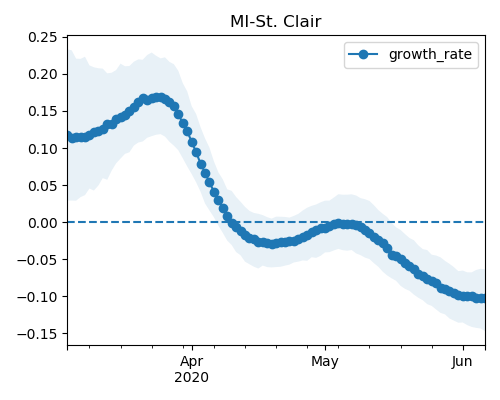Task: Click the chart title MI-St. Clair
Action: (x=276, y=22)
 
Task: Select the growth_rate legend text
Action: (x=430, y=54)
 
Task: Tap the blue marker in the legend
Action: (x=363, y=54)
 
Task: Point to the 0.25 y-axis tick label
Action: (x=42, y=37)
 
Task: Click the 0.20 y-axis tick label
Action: (x=42, y=74)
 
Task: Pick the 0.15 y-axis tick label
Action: (x=42, y=111)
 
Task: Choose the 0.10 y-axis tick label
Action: (x=42, y=148)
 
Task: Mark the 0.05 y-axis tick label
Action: (x=42, y=185)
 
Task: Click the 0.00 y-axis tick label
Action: (x=42, y=222)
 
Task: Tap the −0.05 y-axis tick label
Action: (x=37, y=259)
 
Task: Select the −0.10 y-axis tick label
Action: (x=37, y=297)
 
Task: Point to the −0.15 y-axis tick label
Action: (x=37, y=334)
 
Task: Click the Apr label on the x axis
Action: (x=192, y=362)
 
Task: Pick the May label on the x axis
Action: (x=325, y=362)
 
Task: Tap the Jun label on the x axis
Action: (x=462, y=361)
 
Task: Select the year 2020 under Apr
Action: (x=192, y=377)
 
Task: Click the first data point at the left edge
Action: (x=68, y=136)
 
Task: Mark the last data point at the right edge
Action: (x=483, y=298)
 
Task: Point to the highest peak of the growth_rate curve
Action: (x=160, y=98)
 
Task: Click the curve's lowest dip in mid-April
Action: (x=272, y=244)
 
